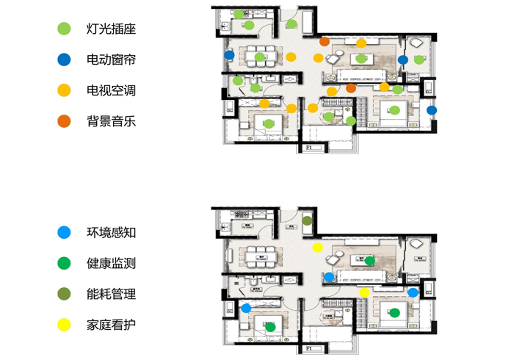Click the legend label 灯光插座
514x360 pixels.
point(111,29)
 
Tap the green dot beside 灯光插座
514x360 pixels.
point(65,29)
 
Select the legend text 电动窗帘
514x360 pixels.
point(111,60)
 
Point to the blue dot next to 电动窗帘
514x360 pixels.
point(65,60)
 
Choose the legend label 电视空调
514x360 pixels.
point(111,91)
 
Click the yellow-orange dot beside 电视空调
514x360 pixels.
point(65,91)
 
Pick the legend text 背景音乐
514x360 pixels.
point(111,121)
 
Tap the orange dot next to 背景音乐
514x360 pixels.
point(65,121)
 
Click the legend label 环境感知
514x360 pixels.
point(111,233)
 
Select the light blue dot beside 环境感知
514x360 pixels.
point(65,233)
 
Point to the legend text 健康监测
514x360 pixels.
point(111,263)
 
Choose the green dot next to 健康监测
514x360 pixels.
point(65,263)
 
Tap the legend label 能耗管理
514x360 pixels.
point(111,294)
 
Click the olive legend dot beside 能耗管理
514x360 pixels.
point(65,294)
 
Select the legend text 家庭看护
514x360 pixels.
point(111,324)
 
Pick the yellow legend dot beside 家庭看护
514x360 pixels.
point(65,324)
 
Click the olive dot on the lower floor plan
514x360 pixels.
point(307,220)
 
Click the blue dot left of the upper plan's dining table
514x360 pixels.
point(230,54)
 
